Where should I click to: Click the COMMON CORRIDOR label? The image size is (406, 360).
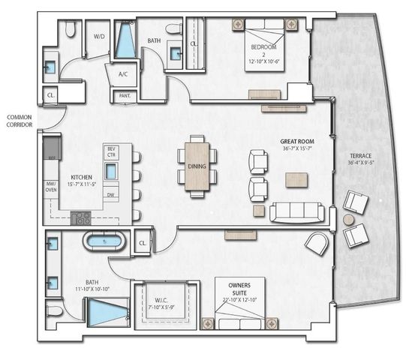(x=20, y=122)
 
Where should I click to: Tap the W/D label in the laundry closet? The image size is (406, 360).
(x=99, y=36)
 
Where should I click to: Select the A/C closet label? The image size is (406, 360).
(x=122, y=75)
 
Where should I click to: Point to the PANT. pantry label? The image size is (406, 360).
(x=122, y=96)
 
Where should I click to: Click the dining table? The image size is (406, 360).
(x=197, y=166)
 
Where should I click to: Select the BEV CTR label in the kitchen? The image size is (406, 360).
(x=111, y=152)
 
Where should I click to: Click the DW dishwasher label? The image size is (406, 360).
(x=111, y=194)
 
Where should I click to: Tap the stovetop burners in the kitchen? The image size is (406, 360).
(x=81, y=218)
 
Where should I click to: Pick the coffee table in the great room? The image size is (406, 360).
(x=296, y=179)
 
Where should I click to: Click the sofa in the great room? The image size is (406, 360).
(x=298, y=212)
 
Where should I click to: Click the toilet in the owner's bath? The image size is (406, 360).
(x=54, y=310)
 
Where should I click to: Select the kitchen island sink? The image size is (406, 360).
(x=111, y=171)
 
